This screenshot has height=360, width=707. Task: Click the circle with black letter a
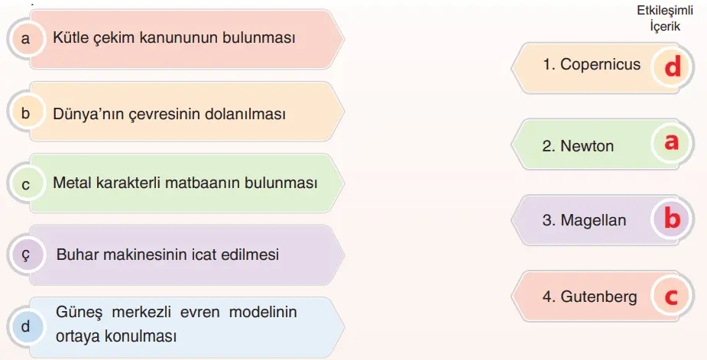[26, 39]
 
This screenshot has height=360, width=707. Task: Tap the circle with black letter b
[26, 113]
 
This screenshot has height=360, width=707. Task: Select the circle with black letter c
[26, 184]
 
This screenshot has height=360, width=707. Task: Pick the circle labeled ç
[26, 255]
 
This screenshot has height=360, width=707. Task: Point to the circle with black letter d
[26, 326]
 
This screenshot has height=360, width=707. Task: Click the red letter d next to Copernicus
[673, 67]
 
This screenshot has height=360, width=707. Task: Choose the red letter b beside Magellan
[673, 219]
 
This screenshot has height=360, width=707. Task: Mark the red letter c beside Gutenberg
[671, 297]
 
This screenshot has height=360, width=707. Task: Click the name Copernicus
[600, 64]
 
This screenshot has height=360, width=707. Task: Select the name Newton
[587, 146]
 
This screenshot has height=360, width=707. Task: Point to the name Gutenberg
[598, 297]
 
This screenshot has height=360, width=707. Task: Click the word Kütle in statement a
[71, 37]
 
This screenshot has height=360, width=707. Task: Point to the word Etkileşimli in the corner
[665, 11]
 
